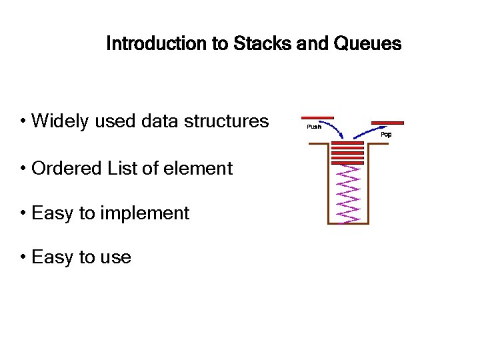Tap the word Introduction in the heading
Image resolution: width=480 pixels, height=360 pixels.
pos(157,44)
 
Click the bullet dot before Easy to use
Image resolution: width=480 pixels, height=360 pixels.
pos(23,257)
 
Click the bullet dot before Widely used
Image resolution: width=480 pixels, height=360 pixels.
pos(23,121)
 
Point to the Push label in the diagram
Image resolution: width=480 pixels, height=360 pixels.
pos(313,127)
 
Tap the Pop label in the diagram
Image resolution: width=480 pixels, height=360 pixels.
pos(386,135)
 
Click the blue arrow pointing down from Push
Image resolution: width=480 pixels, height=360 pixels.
pos(334,127)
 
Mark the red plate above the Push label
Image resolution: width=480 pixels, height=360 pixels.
pos(317,118)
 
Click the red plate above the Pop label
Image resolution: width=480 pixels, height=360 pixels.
pos(387,123)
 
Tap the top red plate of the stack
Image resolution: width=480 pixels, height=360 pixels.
pos(347,143)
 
